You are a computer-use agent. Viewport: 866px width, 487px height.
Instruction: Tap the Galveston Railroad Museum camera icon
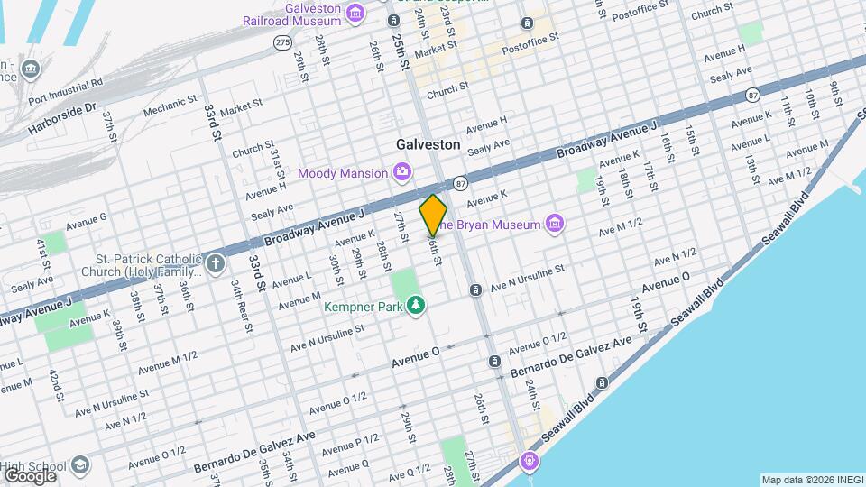pyautogui.click(x=355, y=13)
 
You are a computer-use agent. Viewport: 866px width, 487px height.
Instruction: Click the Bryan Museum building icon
pyautogui.click(x=554, y=224)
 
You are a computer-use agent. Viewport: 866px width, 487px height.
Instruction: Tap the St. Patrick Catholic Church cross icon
pyautogui.click(x=215, y=263)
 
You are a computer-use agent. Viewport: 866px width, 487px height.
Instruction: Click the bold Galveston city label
pyautogui.click(x=429, y=144)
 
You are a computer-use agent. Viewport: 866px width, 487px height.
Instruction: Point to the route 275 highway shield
pyautogui.click(x=282, y=42)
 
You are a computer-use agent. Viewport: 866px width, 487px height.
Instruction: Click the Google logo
pyautogui.click(x=31, y=474)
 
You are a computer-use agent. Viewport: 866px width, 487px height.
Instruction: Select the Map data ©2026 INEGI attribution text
pyautogui.click(x=811, y=479)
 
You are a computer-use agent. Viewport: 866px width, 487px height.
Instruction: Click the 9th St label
pyautogui.click(x=835, y=93)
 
